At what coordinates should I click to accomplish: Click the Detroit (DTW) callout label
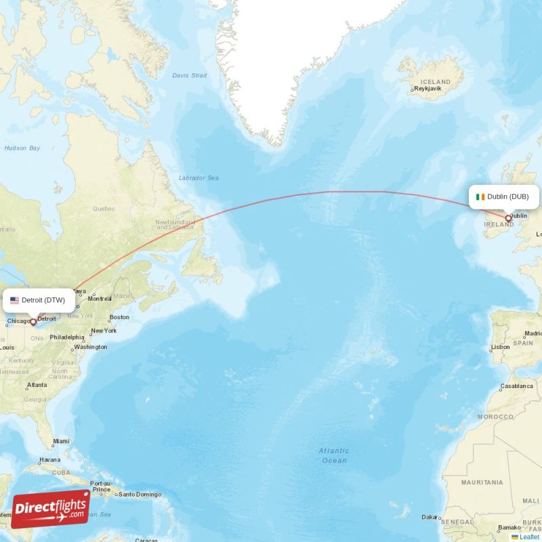39,300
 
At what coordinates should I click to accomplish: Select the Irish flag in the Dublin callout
480,196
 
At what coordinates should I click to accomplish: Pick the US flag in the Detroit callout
14,300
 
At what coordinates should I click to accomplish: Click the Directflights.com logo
50,509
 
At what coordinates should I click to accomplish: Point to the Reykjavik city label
427,89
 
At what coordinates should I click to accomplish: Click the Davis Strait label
190,75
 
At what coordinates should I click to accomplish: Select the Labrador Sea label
199,178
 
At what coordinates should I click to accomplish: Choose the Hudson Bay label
22,148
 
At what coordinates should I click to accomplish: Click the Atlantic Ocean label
334,455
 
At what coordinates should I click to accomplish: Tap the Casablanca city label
516,385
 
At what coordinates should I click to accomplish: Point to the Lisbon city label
500,347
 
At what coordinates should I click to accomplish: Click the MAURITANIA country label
482,482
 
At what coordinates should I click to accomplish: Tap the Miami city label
61,441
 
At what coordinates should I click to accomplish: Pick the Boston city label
119,317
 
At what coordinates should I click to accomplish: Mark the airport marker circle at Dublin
508,218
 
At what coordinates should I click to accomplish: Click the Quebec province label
104,209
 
